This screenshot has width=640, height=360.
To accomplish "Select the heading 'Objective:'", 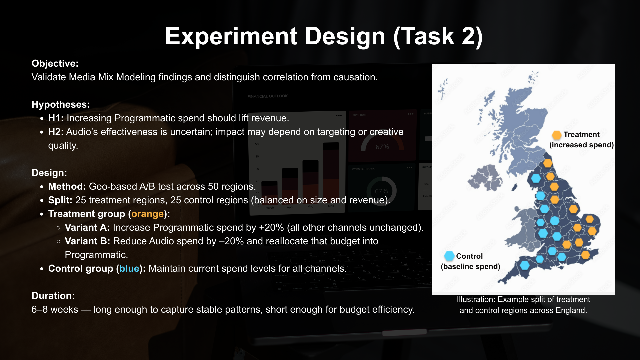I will (x=55, y=63).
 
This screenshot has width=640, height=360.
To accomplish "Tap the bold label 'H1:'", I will (x=56, y=118).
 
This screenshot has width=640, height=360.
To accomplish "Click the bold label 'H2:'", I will (x=56, y=132).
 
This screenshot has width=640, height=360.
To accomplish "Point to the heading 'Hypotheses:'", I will (x=61, y=104).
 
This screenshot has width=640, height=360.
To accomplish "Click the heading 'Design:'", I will (x=49, y=173).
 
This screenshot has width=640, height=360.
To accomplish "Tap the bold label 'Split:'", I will (x=60, y=200).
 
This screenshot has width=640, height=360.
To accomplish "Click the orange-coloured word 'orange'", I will (x=147, y=214).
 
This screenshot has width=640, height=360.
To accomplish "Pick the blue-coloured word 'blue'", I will (x=129, y=268).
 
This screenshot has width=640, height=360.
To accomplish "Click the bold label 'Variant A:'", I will (x=87, y=227).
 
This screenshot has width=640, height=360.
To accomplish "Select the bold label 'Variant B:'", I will (x=87, y=241).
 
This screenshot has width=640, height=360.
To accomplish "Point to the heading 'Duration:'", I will (x=53, y=296).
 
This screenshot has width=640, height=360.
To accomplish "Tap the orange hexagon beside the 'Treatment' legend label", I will (x=557, y=135).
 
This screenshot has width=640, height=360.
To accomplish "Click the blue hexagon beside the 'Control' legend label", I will (x=449, y=256).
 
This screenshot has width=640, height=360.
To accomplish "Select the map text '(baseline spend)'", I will (x=470, y=266).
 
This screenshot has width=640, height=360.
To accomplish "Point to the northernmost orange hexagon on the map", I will (x=548, y=163).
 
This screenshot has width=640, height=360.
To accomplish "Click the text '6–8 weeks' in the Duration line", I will (x=55, y=309).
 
